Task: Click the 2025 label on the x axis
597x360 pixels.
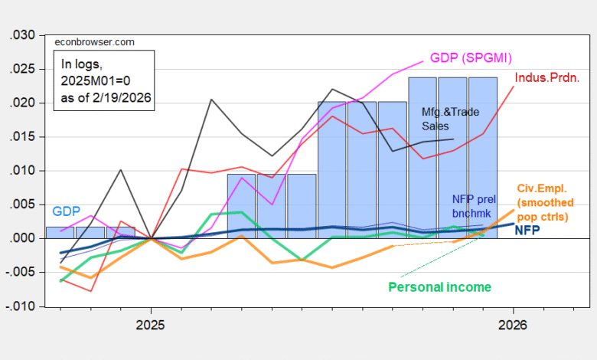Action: (x=151, y=325)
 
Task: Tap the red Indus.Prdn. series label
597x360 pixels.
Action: (x=546, y=77)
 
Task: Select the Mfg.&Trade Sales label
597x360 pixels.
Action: (x=451, y=119)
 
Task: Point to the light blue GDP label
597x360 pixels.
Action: (x=67, y=211)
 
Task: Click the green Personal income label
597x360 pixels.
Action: (x=439, y=286)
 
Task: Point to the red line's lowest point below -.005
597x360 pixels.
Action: (x=91, y=291)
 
